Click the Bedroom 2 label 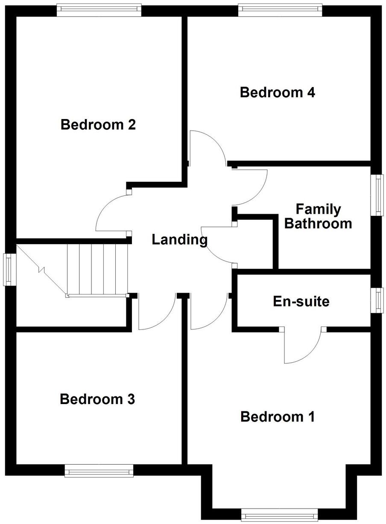(98, 125)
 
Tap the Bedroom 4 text (278, 93)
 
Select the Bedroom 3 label (97, 399)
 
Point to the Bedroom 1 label (278, 416)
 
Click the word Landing (179, 240)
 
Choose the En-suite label (301, 302)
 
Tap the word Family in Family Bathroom (318, 209)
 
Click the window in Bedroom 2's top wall (99, 10)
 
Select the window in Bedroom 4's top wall (280, 10)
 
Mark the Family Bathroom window (377, 195)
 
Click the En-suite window (377, 300)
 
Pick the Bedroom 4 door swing (207, 147)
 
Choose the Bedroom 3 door (156, 314)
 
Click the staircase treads (97, 269)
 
